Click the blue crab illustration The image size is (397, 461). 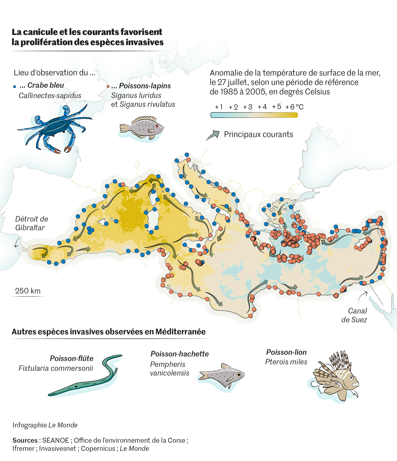pyautogui.click(x=55, y=128)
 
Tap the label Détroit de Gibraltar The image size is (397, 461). pyautogui.click(x=31, y=223)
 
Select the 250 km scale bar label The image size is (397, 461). pyautogui.click(x=28, y=291)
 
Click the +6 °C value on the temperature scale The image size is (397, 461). pyautogui.click(x=294, y=107)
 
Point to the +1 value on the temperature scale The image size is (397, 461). pyautogui.click(x=219, y=107)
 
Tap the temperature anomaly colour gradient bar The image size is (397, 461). pyautogui.click(x=254, y=115)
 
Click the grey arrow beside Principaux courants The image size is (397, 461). pyautogui.click(x=213, y=135)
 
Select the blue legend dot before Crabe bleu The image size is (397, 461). pyautogui.click(x=15, y=87)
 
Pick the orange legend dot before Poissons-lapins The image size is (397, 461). pyautogui.click(x=108, y=87)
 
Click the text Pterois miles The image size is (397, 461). pyautogui.click(x=286, y=362)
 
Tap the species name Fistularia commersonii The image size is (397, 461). pyautogui.click(x=56, y=368)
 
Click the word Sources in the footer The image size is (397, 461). pyautogui.click(x=25, y=440)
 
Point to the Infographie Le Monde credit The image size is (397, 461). pyautogui.click(x=45, y=425)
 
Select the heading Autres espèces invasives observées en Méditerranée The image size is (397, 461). pyautogui.click(x=108, y=332)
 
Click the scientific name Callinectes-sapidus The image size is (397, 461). pyautogui.click(x=50, y=96)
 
